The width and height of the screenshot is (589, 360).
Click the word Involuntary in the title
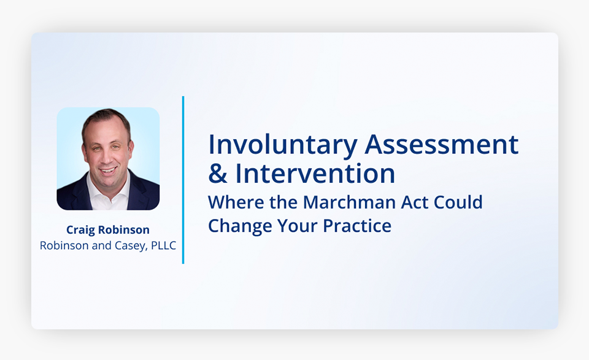282,145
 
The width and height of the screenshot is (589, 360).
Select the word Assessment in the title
441,144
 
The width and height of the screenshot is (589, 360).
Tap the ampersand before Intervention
218,174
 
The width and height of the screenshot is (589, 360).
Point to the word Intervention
315,174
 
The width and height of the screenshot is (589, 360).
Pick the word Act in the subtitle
415,202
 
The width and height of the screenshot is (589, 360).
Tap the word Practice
357,226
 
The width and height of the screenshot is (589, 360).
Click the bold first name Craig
80,230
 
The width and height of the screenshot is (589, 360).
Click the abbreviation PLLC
163,245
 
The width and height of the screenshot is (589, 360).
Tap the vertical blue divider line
183,180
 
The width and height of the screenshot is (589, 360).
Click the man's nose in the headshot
106,157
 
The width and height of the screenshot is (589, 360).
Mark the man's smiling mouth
109,170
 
